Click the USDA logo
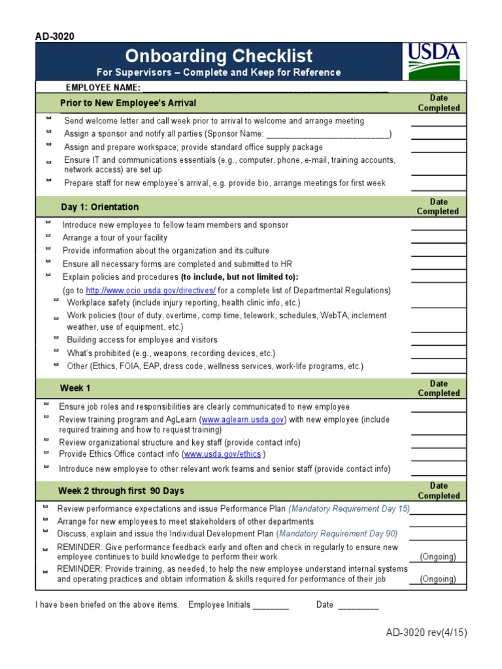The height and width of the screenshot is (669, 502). tap(435, 61)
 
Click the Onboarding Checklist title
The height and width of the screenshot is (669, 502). tap(218, 56)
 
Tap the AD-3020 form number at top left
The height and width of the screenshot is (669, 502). tap(55, 37)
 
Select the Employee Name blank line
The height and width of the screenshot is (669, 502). tap(265, 88)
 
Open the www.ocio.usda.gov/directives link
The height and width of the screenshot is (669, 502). tap(150, 290)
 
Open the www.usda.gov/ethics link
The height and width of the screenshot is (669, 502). tap(223, 454)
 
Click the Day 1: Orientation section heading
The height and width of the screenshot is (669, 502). tap(100, 207)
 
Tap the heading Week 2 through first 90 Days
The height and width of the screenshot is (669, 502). tap(121, 491)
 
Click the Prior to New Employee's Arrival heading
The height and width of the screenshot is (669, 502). tap(128, 103)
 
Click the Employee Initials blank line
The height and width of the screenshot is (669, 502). tap(271, 605)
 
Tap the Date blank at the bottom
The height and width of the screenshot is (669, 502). tap(358, 605)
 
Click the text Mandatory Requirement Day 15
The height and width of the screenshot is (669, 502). tap(349, 508)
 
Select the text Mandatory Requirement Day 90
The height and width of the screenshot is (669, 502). tap(338, 533)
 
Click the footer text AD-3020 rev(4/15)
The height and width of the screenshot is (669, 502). tap(426, 632)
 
